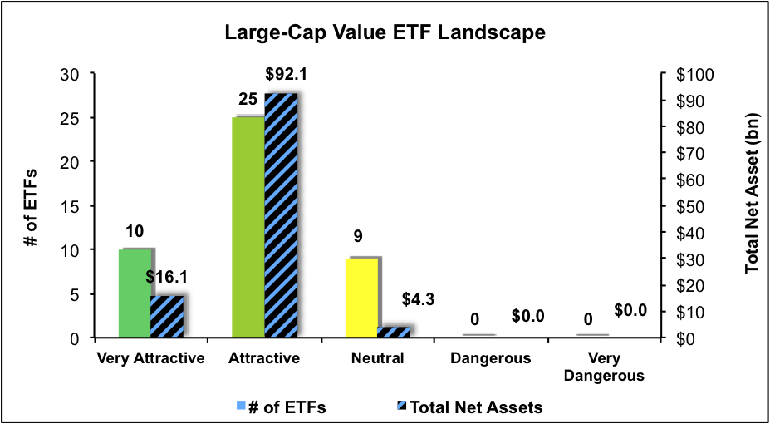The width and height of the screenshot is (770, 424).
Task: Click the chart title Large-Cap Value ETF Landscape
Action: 385,33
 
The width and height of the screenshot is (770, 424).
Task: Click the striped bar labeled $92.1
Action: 281,215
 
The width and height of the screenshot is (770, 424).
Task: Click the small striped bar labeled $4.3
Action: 394,332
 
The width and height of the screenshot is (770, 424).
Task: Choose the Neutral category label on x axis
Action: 377,359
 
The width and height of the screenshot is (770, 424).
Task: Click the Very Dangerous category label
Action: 605,367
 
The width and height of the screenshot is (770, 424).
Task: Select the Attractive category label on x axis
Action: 264,359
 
